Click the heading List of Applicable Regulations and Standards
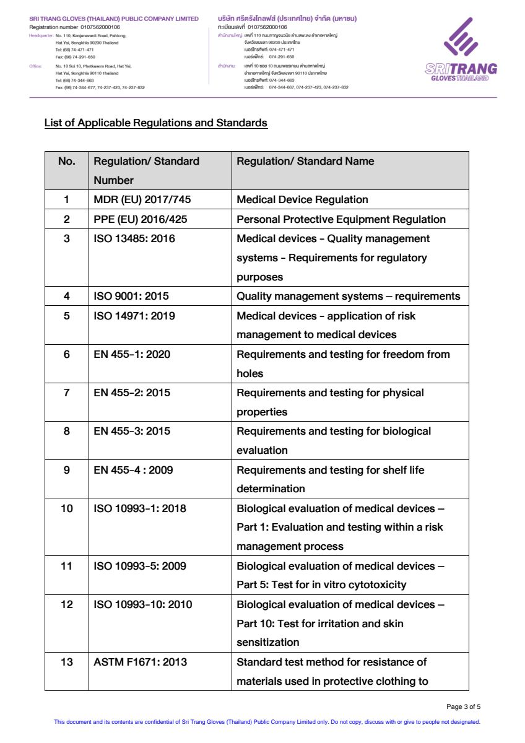(155, 123)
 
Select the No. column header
(66, 161)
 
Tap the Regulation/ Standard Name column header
(305, 161)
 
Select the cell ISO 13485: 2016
(134, 238)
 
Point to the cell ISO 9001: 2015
(131, 296)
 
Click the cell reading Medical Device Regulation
(302, 199)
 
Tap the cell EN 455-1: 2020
(132, 354)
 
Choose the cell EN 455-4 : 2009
(133, 470)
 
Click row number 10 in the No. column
(66, 508)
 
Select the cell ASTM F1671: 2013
(140, 662)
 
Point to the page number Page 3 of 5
(463, 706)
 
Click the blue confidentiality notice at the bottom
(267, 722)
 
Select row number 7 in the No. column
(66, 393)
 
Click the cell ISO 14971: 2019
(134, 316)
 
